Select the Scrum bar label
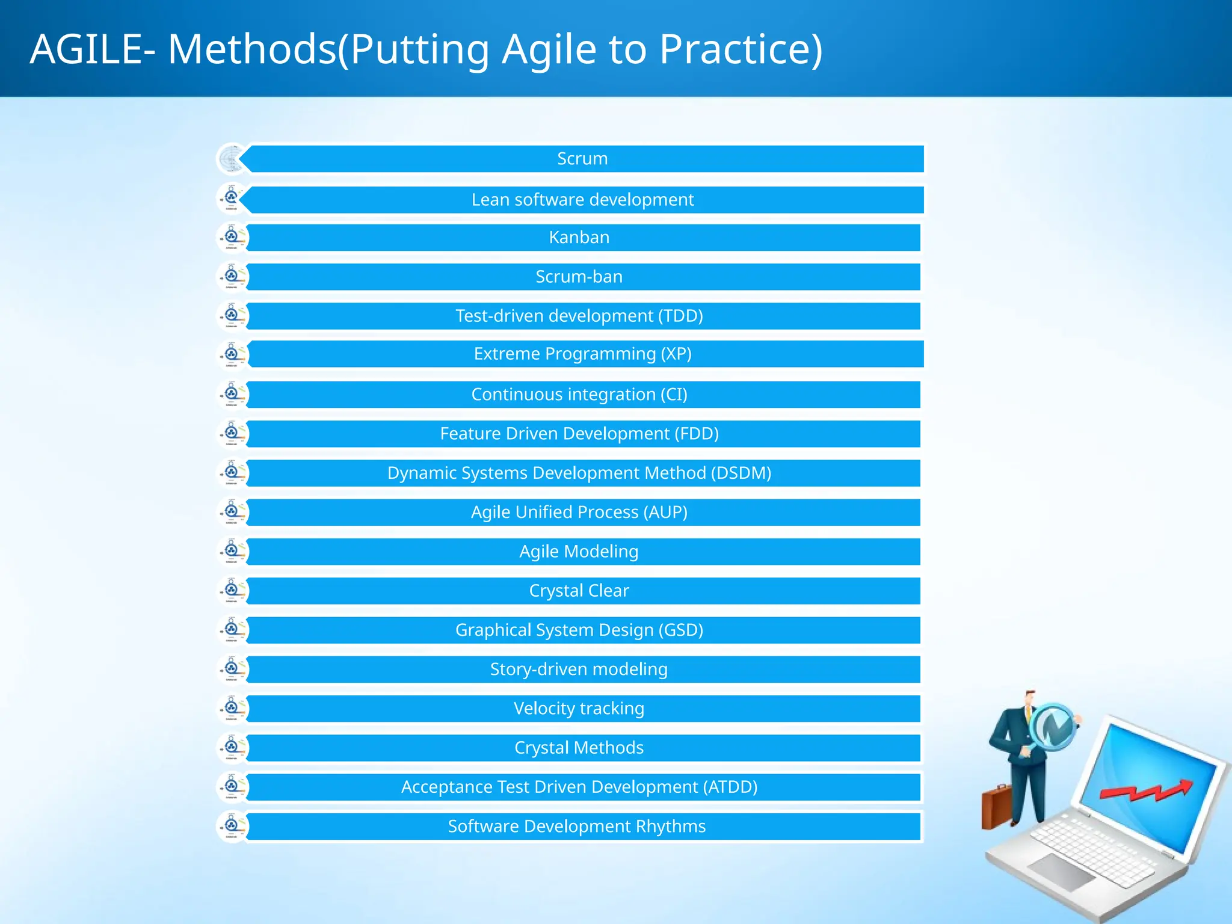click(582, 159)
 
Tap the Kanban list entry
click(579, 238)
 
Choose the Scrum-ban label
click(579, 277)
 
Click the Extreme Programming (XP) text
click(582, 354)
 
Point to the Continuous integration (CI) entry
click(579, 395)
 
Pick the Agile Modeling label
click(579, 552)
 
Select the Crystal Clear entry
click(579, 591)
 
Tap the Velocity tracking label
click(579, 709)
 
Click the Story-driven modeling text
click(579, 670)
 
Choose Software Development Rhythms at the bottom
click(576, 827)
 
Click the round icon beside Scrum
click(231, 159)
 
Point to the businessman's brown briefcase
click(996, 806)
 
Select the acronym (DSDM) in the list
click(741, 473)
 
